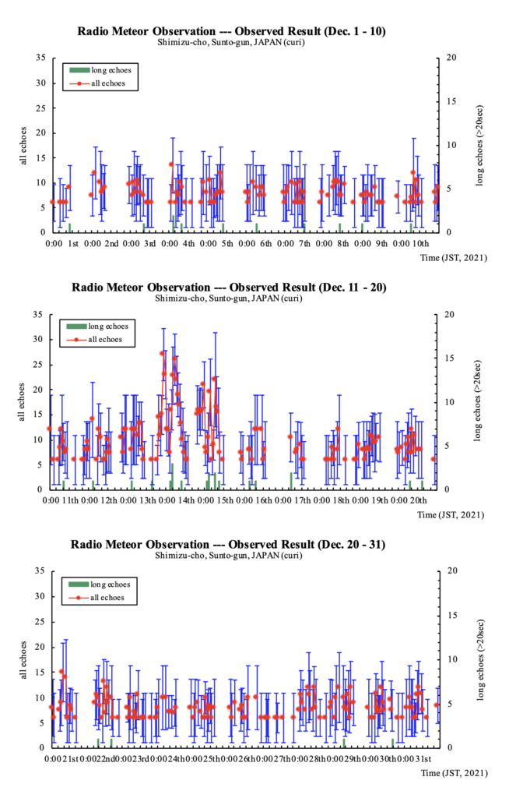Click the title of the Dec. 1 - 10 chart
pos(231,31)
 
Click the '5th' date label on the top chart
pos(227,244)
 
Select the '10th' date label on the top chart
pos(421,244)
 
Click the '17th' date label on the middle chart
pos(302,500)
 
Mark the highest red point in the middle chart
pos(163,353)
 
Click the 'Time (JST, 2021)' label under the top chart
pos(453,258)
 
